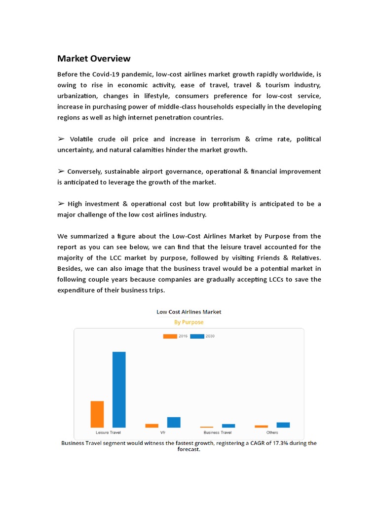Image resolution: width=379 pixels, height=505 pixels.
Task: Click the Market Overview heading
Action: pos(94,59)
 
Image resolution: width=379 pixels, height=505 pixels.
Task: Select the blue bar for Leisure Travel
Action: pos(119,389)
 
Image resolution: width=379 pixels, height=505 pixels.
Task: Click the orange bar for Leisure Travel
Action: pos(97,414)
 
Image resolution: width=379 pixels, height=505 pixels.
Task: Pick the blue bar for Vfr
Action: pos(174,422)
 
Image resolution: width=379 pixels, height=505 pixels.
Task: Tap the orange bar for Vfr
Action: pos(152,426)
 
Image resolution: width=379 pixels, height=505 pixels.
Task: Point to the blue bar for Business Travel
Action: pos(228,426)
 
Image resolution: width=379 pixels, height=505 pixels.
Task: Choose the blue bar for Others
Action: pos(283,425)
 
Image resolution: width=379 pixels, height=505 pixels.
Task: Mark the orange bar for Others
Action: pos(262,426)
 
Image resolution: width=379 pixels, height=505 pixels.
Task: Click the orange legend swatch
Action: pos(170,336)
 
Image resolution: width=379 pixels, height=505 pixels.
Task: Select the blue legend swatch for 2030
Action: pos(197,336)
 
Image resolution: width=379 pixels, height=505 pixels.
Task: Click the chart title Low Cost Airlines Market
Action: pos(189,312)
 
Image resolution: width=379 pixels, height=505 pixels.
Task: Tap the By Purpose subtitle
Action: pos(189,322)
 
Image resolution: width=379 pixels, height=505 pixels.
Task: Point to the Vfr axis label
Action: pos(163,433)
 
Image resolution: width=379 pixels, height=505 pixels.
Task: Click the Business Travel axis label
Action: pos(218,433)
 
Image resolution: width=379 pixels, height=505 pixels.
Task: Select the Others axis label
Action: pos(272,433)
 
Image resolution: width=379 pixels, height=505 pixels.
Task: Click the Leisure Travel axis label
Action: pos(108,433)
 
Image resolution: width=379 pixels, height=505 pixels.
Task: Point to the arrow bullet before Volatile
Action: pos(61,139)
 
